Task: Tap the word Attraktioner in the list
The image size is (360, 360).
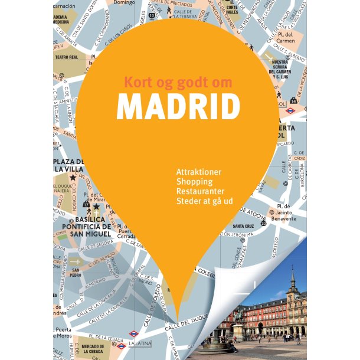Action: coord(198,172)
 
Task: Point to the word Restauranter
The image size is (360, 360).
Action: coord(200,192)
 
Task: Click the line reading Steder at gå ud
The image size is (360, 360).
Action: coord(204,202)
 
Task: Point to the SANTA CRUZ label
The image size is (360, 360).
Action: coord(243,226)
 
